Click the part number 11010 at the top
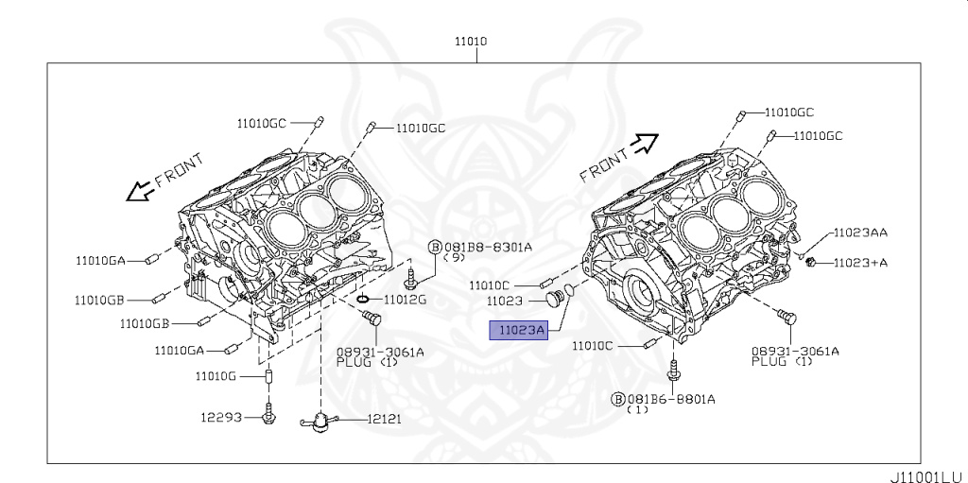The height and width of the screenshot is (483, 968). click(x=477, y=42)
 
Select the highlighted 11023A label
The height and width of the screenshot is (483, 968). click(x=517, y=330)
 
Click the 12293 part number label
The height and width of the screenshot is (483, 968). click(x=219, y=416)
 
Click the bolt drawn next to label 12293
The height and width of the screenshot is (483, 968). click(x=270, y=413)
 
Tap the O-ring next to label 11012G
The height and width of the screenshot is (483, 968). click(x=364, y=300)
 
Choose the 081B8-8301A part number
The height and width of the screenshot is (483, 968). click(x=489, y=248)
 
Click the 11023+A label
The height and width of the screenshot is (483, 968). click(x=860, y=263)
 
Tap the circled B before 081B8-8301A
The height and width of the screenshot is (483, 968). click(x=436, y=248)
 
